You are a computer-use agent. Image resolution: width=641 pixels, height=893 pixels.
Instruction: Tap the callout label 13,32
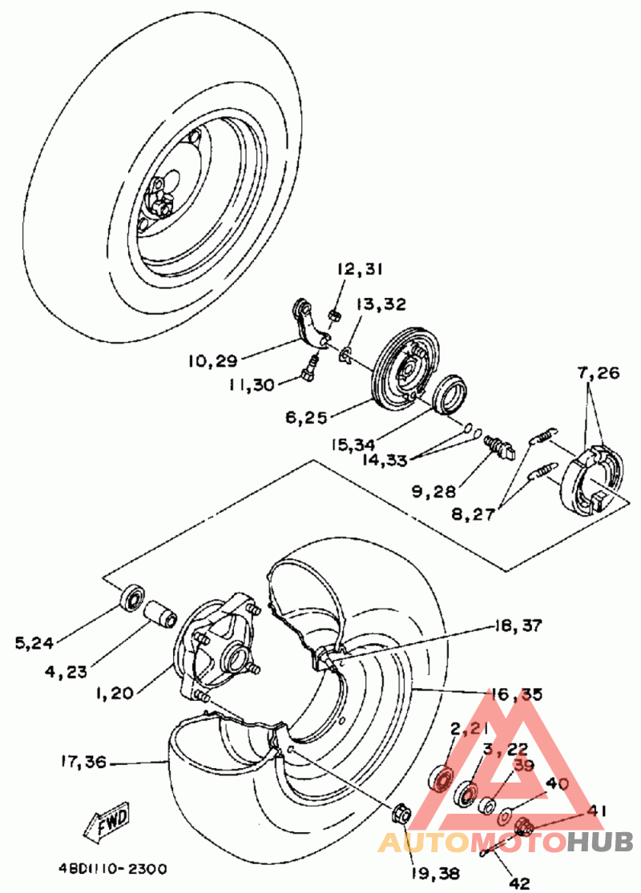click(381, 304)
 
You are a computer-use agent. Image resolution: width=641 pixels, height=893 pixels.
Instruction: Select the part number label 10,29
click(212, 360)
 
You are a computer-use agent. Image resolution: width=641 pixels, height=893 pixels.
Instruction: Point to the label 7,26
click(598, 373)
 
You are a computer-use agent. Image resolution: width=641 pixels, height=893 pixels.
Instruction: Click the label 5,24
click(34, 644)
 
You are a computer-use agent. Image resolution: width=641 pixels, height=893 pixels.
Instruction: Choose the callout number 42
click(518, 883)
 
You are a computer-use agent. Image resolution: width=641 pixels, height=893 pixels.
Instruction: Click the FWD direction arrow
click(107, 823)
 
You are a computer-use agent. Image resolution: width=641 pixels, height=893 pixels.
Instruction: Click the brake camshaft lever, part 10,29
click(308, 324)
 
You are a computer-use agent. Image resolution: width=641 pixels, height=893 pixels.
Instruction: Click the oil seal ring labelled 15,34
click(450, 393)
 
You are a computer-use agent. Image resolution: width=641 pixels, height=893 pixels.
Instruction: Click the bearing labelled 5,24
click(133, 597)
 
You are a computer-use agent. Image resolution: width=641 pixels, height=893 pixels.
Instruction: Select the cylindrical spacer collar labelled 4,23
click(161, 614)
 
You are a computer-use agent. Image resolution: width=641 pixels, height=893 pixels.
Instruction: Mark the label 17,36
click(83, 762)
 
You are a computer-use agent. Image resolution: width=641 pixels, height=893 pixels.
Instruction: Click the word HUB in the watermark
click(600, 842)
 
